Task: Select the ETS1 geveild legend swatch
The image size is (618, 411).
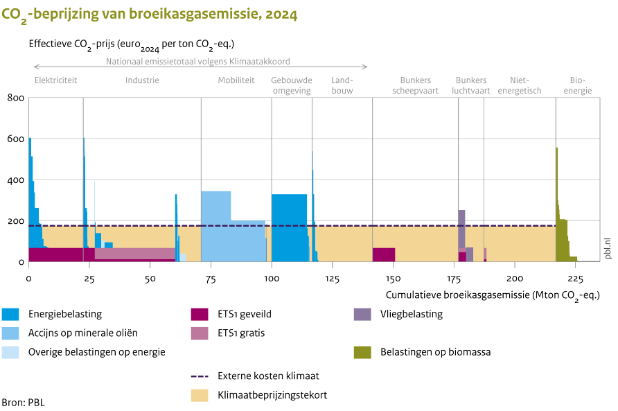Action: pyautogui.click(x=200, y=314)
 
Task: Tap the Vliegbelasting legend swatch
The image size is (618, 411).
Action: pyautogui.click(x=362, y=314)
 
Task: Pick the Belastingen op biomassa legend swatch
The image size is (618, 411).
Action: pyautogui.click(x=362, y=352)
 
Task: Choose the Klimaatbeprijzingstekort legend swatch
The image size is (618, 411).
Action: pyautogui.click(x=200, y=395)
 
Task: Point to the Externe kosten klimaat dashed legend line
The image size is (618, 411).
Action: pyautogui.click(x=200, y=376)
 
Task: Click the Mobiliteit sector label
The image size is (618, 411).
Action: pyautogui.click(x=236, y=80)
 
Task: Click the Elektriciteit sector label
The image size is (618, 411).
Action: pyautogui.click(x=55, y=80)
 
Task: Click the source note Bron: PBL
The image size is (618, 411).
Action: pyautogui.click(x=24, y=402)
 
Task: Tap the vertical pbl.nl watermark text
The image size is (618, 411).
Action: pyautogui.click(x=608, y=246)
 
